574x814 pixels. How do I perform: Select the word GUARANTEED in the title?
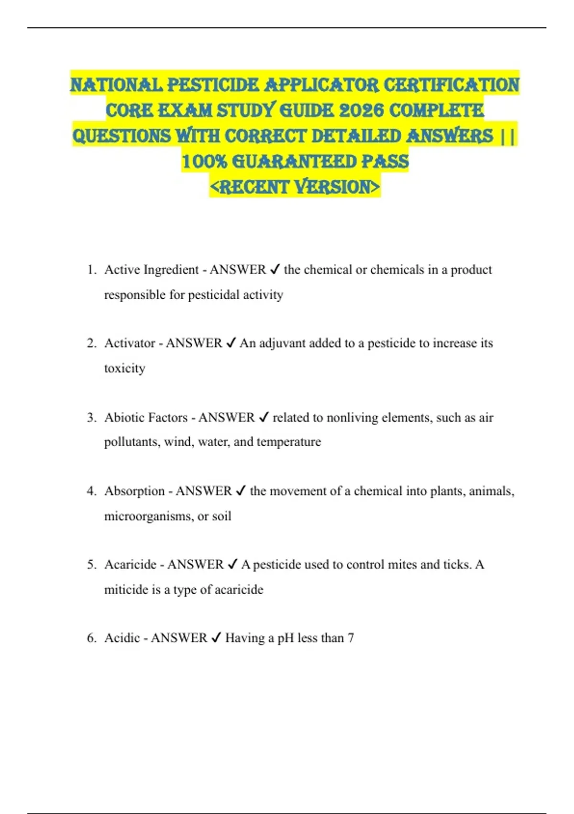294,161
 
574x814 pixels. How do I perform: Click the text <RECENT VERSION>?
295,187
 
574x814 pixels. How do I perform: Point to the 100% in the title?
204,161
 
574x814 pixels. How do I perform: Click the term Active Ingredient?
151,270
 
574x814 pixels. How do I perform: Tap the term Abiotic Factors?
146,418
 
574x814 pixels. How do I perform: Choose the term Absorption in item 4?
134,491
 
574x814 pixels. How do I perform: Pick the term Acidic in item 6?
122,638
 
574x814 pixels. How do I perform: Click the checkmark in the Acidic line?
216,637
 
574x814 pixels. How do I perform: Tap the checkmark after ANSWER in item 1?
275,269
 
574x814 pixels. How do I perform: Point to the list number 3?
91,418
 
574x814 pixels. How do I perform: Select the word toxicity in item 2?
124,368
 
